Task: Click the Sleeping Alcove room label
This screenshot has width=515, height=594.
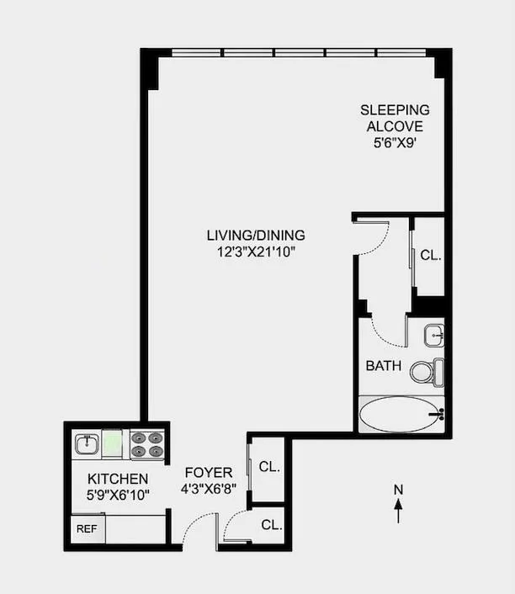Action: click(x=395, y=118)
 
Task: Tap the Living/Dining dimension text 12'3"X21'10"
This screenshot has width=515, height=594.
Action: click(x=256, y=252)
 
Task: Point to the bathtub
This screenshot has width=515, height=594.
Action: click(x=400, y=415)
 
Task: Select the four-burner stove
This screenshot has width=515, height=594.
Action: click(x=146, y=443)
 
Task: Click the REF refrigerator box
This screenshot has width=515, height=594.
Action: click(x=86, y=529)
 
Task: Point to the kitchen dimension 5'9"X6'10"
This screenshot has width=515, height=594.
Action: click(x=119, y=495)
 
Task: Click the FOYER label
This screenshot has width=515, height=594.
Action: click(x=204, y=472)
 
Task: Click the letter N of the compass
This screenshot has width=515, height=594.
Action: click(x=399, y=490)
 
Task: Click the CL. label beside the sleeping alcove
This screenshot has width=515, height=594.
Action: click(x=430, y=254)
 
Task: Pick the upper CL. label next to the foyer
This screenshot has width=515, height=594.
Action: click(x=270, y=466)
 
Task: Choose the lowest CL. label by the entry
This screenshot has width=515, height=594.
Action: click(x=271, y=525)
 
